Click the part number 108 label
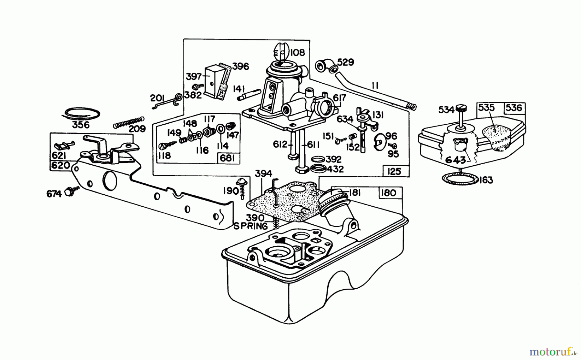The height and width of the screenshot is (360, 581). tap(297, 53)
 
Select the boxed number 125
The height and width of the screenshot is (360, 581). tap(394, 171)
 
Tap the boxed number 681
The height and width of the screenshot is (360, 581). tap(228, 159)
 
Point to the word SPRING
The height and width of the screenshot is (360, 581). tap(251, 226)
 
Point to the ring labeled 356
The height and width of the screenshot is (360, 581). tap(81, 113)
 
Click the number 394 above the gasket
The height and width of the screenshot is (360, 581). tap(263, 174)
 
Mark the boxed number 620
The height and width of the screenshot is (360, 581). tap(61, 166)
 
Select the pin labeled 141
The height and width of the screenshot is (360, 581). tap(249, 95)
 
